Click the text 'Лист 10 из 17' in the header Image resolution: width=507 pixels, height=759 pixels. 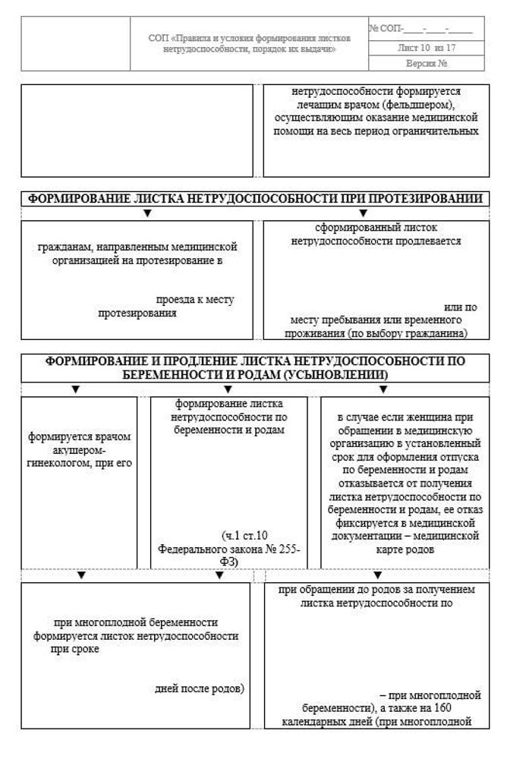[426, 48]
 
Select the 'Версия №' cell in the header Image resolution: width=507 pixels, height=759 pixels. [426, 63]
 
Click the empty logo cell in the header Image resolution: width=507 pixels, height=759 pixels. [75, 43]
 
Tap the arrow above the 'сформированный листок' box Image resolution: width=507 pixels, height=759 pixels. [363, 213]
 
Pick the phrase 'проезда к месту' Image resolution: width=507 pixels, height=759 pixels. [195, 299]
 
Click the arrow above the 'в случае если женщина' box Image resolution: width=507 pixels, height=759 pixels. [383, 389]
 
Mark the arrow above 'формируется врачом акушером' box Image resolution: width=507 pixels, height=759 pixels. [75, 389]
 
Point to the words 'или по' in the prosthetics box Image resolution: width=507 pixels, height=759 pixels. [460, 307]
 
